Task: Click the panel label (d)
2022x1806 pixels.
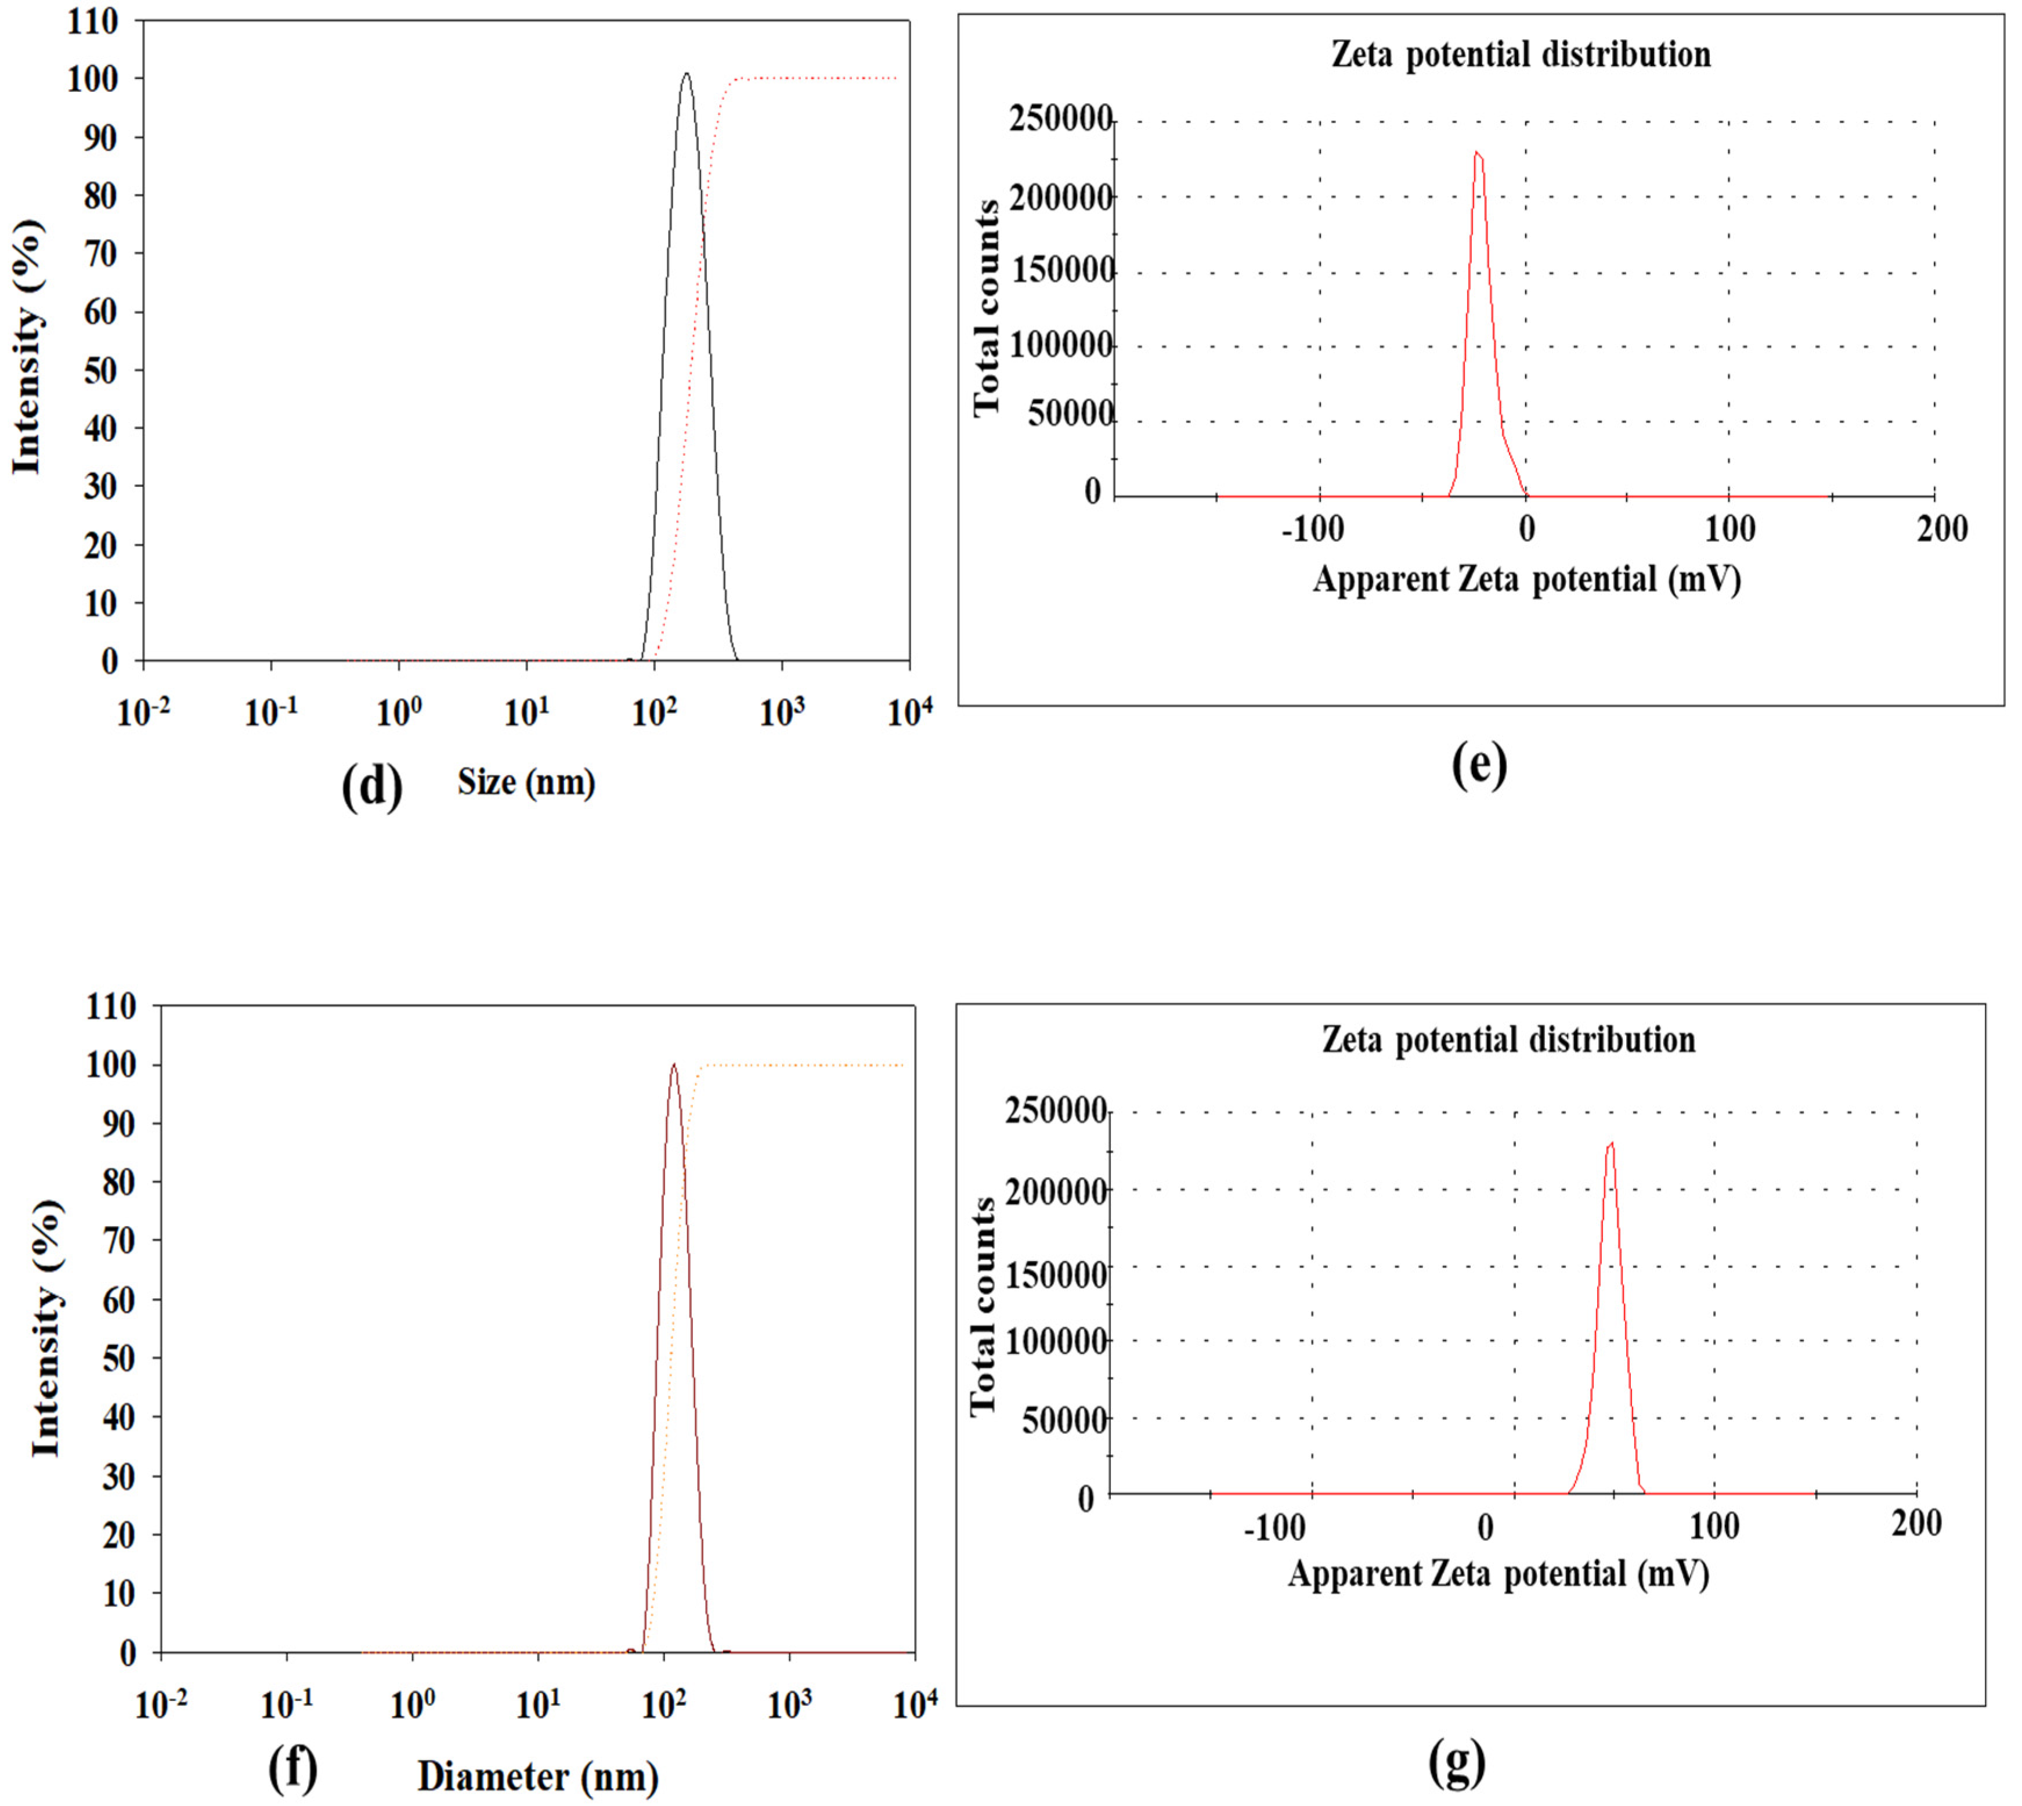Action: (372, 787)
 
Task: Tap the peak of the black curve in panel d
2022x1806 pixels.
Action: (685, 74)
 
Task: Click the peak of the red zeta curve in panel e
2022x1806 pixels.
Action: (1477, 153)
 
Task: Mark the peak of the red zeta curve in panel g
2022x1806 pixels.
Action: (1611, 1143)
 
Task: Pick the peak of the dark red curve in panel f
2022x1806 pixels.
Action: (674, 1065)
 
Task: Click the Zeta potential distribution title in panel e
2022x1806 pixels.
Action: (1521, 55)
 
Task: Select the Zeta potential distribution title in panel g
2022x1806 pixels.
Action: (1508, 1040)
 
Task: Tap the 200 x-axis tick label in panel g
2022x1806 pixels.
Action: (1916, 1523)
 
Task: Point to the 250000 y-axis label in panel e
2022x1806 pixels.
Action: (1060, 119)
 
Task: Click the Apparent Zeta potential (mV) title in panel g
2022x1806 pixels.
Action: (1498, 1574)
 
